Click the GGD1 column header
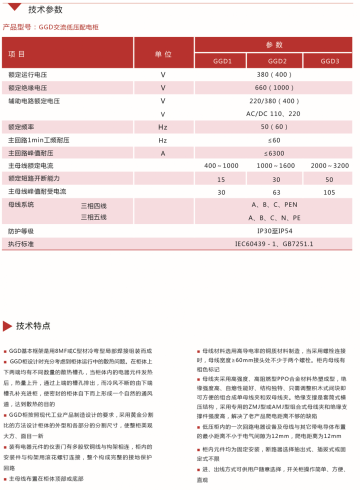pos(220,61)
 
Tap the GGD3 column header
pos(330,61)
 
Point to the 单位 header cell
pos(163,53)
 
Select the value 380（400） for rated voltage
pos(274,75)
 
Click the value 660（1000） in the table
pos(274,88)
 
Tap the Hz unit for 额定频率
pos(163,127)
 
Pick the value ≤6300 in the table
pos(274,153)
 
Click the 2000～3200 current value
pos(330,166)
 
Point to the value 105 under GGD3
pos(330,192)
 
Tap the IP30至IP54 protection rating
pos(274,231)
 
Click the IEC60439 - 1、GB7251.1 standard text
pos(274,244)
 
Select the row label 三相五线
pos(94,217)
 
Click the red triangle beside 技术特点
pos(7,326)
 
